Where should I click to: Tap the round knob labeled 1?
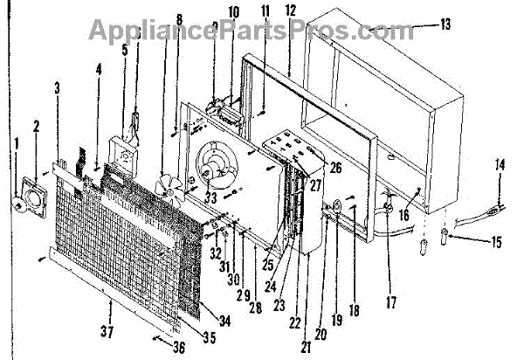(x=17, y=203)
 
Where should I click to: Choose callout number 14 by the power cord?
(x=499, y=165)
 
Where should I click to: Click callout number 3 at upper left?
(x=58, y=87)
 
